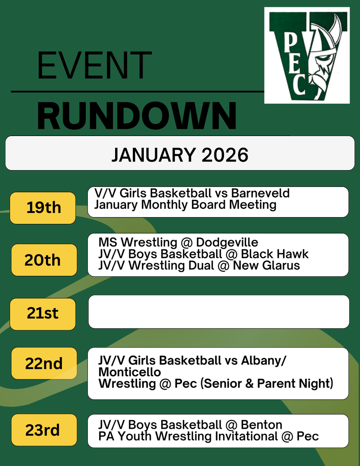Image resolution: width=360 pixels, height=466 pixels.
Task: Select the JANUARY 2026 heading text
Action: point(180,155)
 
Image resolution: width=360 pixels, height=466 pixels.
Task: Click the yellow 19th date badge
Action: point(43,208)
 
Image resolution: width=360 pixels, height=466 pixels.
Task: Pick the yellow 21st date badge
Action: point(43,314)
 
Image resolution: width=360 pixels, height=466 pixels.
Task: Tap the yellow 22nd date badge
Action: point(44,363)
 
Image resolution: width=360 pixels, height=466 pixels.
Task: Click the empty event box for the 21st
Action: point(218,312)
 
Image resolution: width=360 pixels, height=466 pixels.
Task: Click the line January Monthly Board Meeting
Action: point(185,205)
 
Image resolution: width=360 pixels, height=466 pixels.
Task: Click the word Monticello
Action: point(130,372)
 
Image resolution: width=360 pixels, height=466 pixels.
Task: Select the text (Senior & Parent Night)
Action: point(267,384)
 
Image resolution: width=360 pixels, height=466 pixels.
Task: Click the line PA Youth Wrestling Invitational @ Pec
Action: point(208,436)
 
